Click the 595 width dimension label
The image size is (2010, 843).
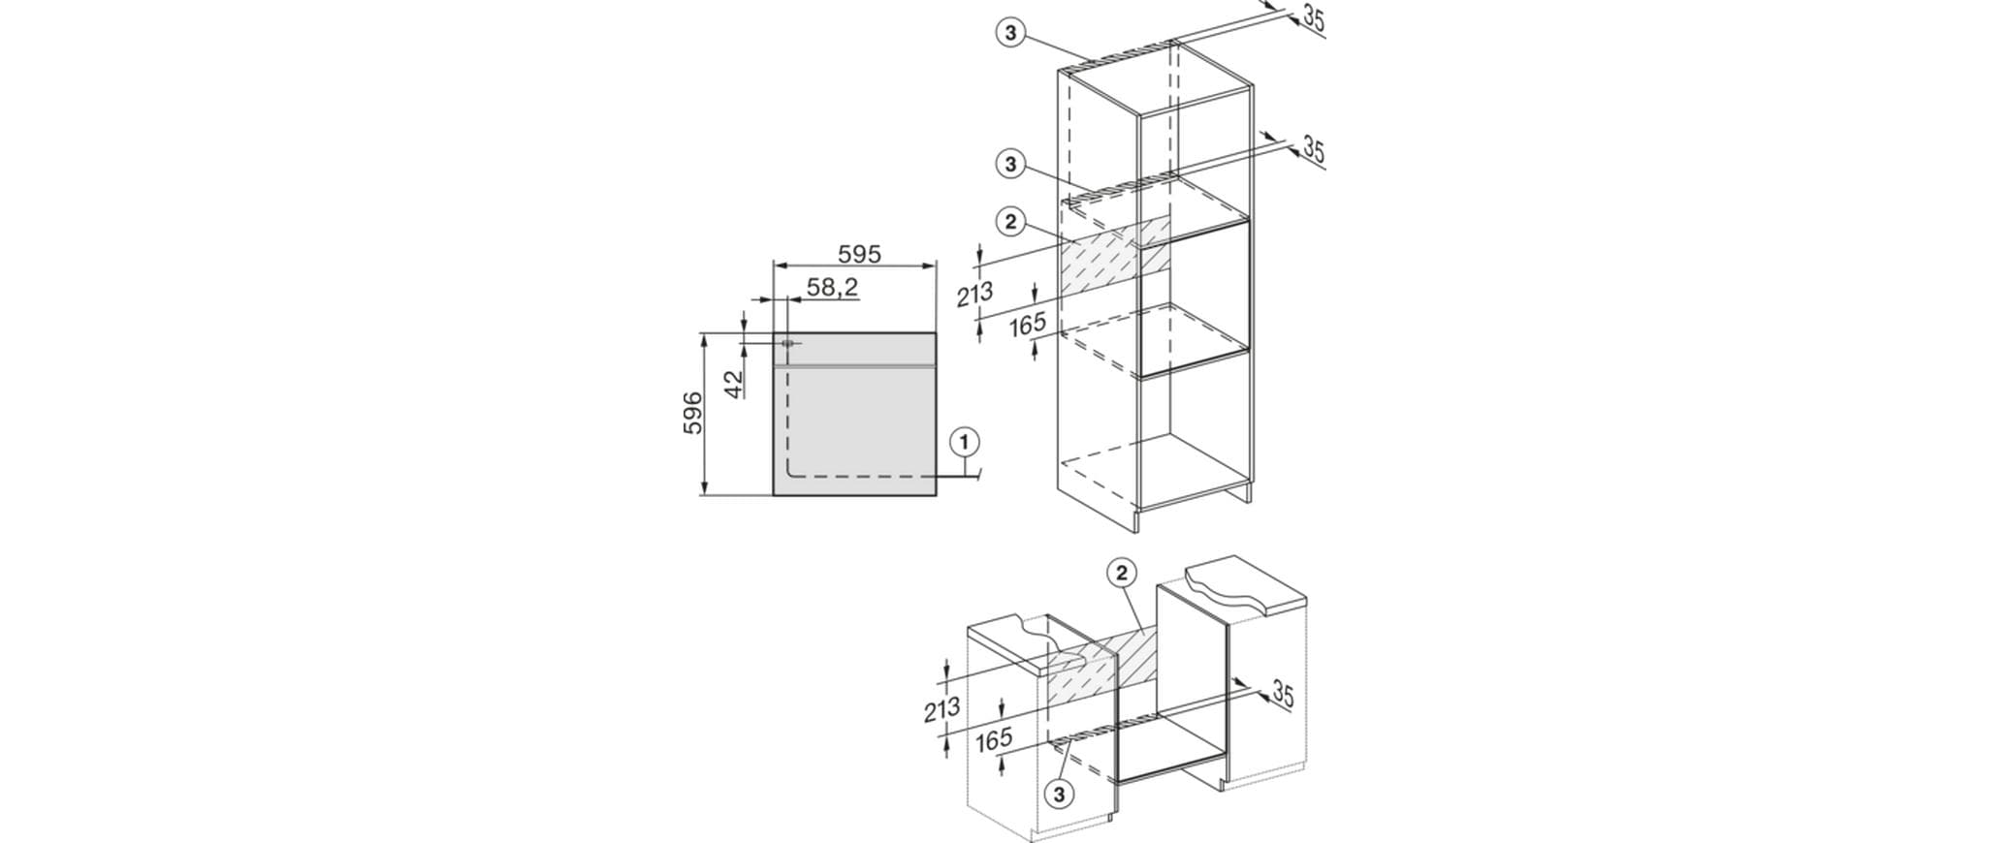[859, 254]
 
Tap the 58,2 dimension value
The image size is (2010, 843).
[832, 287]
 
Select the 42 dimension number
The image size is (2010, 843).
[733, 383]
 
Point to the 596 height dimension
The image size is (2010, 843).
[692, 414]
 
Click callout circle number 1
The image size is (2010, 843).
[964, 443]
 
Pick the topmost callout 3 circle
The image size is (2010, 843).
[1010, 33]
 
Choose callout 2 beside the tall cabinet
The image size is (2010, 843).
[1010, 223]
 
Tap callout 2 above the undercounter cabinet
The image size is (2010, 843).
[1121, 574]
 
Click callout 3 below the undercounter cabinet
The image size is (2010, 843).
[1059, 795]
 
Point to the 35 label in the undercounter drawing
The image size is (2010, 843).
[1283, 694]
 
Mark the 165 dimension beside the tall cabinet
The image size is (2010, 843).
[1028, 325]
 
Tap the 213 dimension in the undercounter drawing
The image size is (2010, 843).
[942, 710]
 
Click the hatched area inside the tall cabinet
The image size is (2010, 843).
[1115, 259]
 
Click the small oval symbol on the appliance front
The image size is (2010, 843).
[786, 343]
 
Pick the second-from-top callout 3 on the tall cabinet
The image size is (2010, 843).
[1010, 165]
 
